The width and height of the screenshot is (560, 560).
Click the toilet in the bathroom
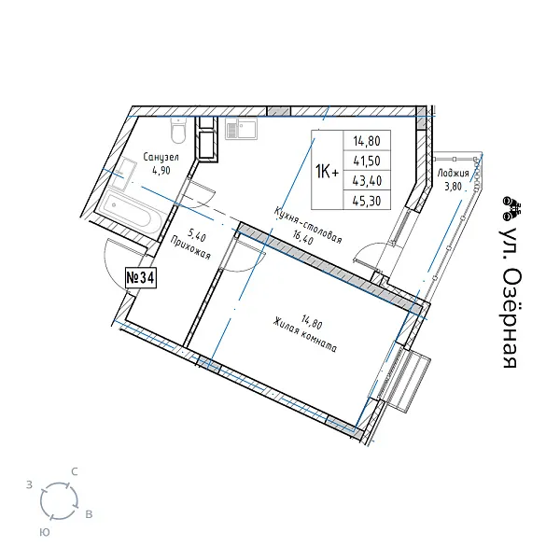pos(178,130)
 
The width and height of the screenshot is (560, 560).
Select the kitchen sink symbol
pos(241,129)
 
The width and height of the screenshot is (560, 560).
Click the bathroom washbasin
pos(123,174)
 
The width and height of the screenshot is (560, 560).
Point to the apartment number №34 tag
pos(141,277)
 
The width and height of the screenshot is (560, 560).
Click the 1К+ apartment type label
pos(327,173)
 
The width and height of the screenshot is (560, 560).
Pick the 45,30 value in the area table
pos(367,201)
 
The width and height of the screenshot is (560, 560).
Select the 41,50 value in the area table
pos(367,161)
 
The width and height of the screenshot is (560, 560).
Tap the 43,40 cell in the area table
pos(367,181)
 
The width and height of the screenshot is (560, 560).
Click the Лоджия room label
pos(454,174)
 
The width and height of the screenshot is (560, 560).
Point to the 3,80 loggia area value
pos(453,187)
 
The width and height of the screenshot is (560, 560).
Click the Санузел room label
pos(161,157)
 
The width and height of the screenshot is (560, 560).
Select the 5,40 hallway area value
pos(197,236)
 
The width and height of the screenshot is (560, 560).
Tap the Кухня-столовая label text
pos(308,225)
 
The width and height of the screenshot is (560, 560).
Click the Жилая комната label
pos(304,336)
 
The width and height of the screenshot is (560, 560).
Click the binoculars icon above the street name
pos(511,208)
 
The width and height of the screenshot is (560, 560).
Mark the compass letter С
pos(75,471)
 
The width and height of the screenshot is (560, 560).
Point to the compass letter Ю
pos(44,533)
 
